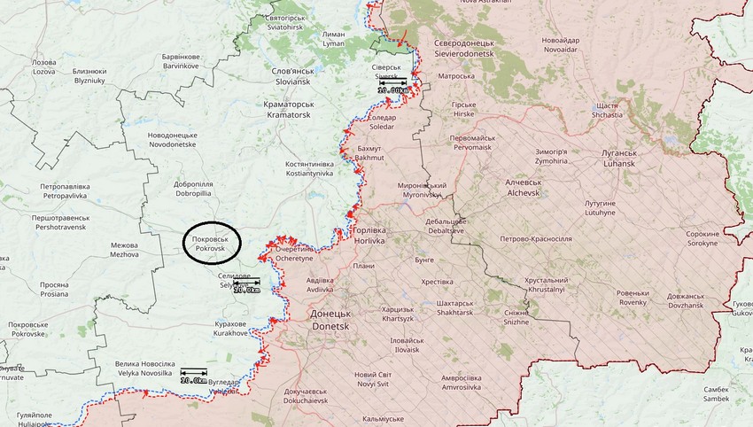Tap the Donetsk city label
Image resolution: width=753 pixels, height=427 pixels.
coord(330,321)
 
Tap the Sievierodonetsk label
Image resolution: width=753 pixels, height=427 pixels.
coord(470,49)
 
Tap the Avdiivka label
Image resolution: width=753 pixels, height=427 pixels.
coord(320,284)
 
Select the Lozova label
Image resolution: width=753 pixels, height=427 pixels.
coord(43,67)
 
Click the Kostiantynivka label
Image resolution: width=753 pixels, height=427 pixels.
coord(309,169)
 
